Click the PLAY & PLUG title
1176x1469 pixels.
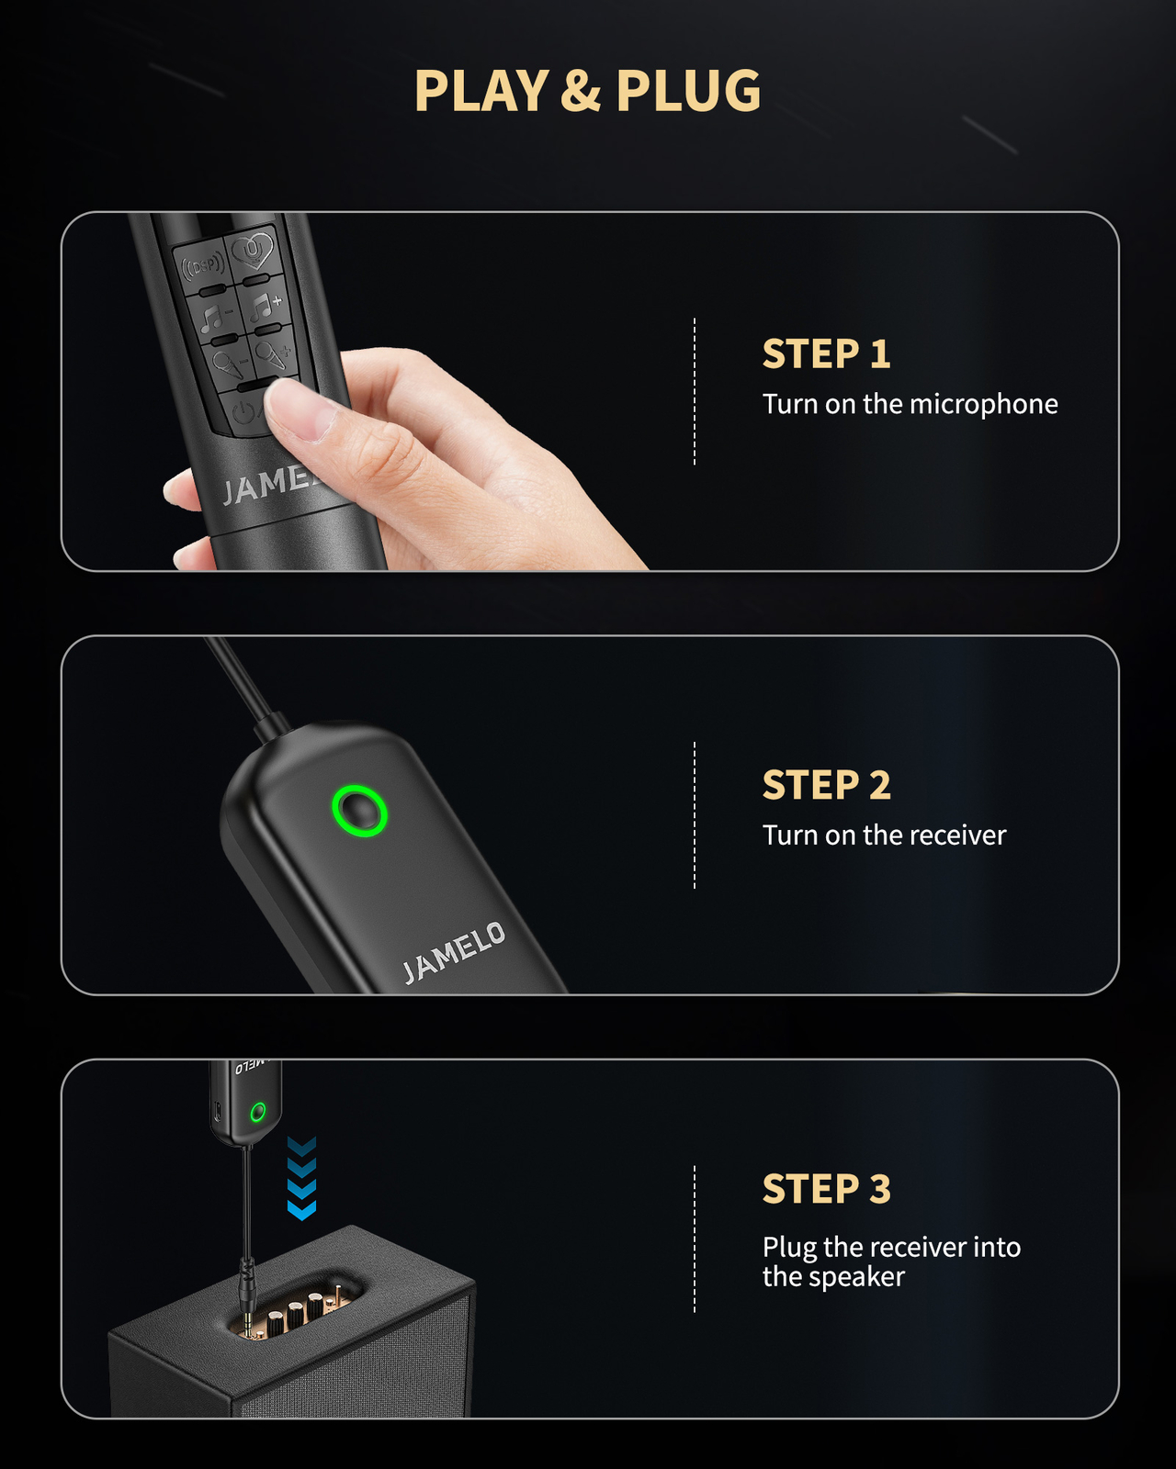[588, 90]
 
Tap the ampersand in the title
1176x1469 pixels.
[580, 90]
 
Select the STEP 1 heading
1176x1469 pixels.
[826, 353]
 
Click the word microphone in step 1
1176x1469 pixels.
[984, 404]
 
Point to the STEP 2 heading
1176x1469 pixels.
[826, 784]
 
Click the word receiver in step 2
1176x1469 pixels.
[958, 835]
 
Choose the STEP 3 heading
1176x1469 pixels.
[826, 1188]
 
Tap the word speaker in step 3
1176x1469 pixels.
[856, 1277]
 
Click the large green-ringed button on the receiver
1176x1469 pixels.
[359, 811]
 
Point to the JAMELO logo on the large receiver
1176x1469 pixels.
[454, 953]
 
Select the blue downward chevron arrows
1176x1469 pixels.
[301, 1178]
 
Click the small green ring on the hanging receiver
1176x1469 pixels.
[257, 1112]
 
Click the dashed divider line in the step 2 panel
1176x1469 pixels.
[695, 814]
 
